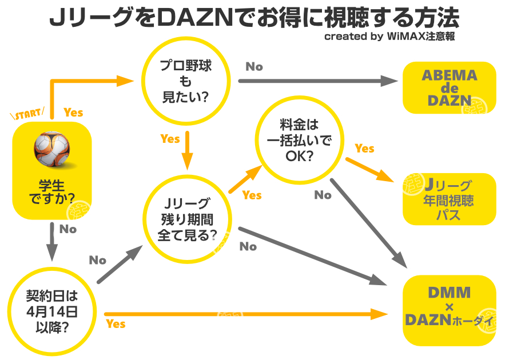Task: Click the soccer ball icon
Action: (52, 149)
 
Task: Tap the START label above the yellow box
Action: (28, 113)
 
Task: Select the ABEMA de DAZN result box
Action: (449, 87)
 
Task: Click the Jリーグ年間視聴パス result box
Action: (449, 199)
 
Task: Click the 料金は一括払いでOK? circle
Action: (299, 139)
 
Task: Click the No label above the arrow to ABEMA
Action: (254, 66)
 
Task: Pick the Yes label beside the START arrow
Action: (73, 112)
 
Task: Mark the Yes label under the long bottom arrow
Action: (116, 324)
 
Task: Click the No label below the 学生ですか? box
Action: (67, 229)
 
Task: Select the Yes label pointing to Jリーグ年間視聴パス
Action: (364, 149)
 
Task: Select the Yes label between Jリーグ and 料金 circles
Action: (252, 195)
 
